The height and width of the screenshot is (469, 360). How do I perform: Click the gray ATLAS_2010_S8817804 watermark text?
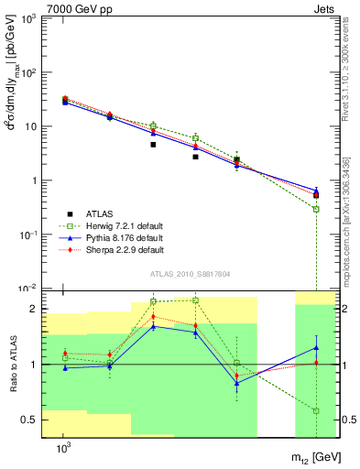pos(190,273)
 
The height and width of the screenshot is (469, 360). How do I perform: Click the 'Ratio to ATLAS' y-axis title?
pos(13,365)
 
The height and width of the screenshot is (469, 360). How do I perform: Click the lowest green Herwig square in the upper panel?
pos(316,209)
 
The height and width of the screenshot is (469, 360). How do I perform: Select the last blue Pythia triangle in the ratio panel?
pos(316,347)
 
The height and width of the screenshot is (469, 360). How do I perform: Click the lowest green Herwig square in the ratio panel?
pos(316,410)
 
